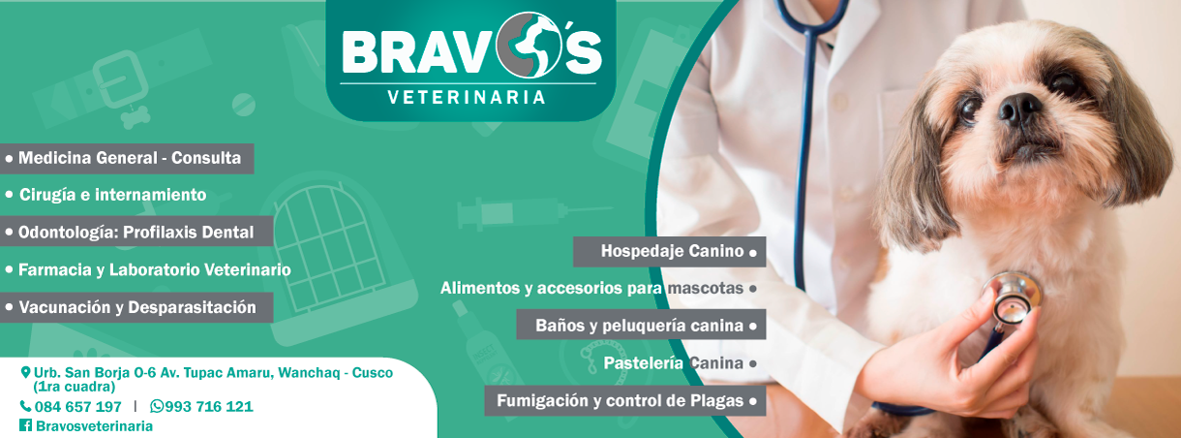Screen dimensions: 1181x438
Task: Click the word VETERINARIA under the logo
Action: point(466,98)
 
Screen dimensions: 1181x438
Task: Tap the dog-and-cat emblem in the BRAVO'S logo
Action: point(529,45)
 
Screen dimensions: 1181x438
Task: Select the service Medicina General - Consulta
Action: point(130,158)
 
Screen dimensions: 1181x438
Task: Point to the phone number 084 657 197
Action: point(78,407)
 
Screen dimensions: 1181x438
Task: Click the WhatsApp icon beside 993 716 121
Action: point(157,406)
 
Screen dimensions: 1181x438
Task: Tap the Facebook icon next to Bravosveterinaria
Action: point(25,424)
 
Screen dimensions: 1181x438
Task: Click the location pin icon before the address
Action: point(25,372)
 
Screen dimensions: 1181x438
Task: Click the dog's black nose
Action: point(1019,109)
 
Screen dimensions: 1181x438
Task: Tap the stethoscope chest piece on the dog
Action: point(1013,298)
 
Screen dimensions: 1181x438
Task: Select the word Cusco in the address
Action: point(373,372)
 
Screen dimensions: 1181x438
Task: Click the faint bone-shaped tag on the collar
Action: point(136,117)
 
